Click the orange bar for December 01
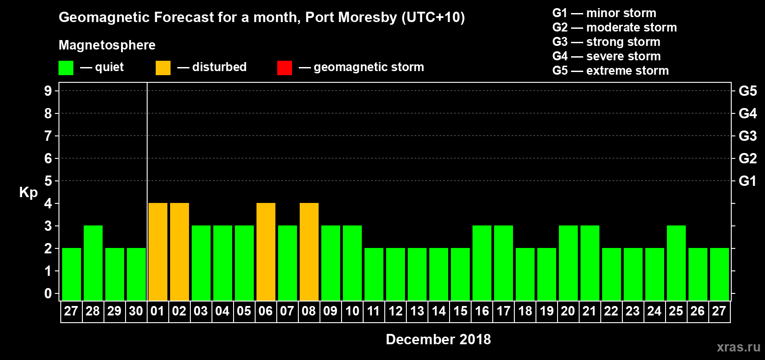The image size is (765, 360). pyautogui.click(x=158, y=252)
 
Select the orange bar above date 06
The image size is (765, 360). pyautogui.click(x=266, y=252)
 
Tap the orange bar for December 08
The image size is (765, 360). pyautogui.click(x=309, y=252)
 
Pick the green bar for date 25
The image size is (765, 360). pyautogui.click(x=676, y=263)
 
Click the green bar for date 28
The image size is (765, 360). pyautogui.click(x=93, y=263)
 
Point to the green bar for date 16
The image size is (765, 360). pyautogui.click(x=482, y=263)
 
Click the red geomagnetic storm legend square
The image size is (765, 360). pyautogui.click(x=284, y=68)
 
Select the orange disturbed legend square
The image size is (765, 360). pyautogui.click(x=163, y=68)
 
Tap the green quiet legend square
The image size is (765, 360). pyautogui.click(x=66, y=68)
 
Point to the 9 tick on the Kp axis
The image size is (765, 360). pyautogui.click(x=48, y=91)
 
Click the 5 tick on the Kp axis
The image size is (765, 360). pyautogui.click(x=48, y=181)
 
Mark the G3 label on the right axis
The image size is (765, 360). pyautogui.click(x=747, y=136)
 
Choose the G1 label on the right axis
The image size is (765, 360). pyautogui.click(x=747, y=181)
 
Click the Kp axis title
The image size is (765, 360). pyautogui.click(x=28, y=193)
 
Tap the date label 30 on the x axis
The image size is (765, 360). pyautogui.click(x=136, y=311)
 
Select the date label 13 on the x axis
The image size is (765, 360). pyautogui.click(x=417, y=311)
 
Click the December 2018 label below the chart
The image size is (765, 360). pyautogui.click(x=438, y=339)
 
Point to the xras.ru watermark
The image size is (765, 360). pyautogui.click(x=738, y=347)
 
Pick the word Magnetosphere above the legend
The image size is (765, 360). pyautogui.click(x=107, y=45)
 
